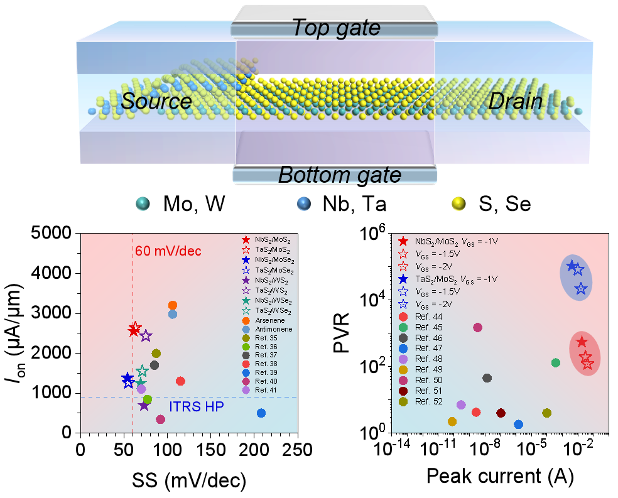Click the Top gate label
pos(337,28)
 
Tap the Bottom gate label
pos(339,175)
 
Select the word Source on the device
pos(156,101)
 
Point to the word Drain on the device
pos(515,101)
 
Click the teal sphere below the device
pos(143,203)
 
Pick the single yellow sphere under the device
pos(459,203)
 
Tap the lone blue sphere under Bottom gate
pos(303,203)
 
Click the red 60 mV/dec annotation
pos(168,251)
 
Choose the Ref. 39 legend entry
pos(266,372)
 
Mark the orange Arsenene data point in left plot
pos(173,305)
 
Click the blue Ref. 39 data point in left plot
pos(261,413)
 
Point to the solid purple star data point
pos(144,405)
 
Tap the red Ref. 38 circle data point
pos(181,381)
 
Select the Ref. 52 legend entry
pos(428,402)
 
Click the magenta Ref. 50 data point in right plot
pos(477,327)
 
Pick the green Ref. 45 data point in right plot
pos(555,362)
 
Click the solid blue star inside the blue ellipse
pos(572,266)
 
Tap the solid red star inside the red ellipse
pos(582,342)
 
